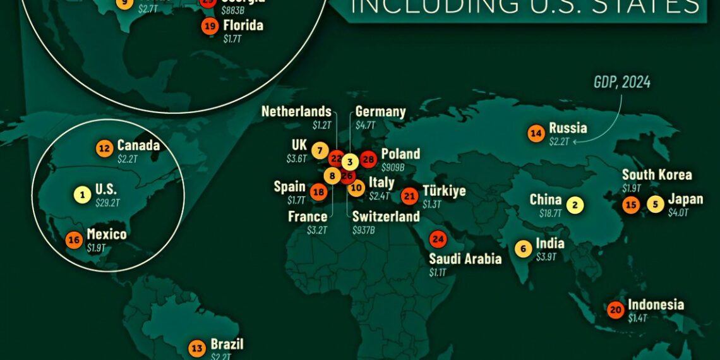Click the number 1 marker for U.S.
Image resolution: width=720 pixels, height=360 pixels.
pyautogui.click(x=81, y=194)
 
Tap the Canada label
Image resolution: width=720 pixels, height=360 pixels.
pyautogui.click(x=138, y=146)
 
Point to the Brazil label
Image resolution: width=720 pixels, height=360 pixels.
pyautogui.click(x=227, y=345)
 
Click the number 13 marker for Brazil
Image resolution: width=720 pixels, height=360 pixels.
pyautogui.click(x=198, y=348)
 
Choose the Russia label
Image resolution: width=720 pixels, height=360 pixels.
pyautogui.click(x=568, y=128)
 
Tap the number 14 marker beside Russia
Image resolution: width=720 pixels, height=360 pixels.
pyautogui.click(x=536, y=133)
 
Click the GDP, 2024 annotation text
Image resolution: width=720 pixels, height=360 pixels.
pyautogui.click(x=622, y=83)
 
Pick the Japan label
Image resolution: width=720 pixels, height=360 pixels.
pyautogui.click(x=685, y=200)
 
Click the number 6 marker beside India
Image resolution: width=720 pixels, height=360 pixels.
pyautogui.click(x=523, y=248)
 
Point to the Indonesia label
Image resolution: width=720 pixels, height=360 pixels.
pyautogui.click(x=656, y=304)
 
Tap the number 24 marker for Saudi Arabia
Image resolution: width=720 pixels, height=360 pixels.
pyautogui.click(x=438, y=239)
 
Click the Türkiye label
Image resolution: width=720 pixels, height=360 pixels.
pyautogui.click(x=444, y=191)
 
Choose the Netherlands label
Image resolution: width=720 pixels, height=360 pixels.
pyautogui.click(x=296, y=112)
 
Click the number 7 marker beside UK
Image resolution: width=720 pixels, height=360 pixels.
pyautogui.click(x=320, y=151)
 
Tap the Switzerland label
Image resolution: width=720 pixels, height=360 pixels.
pyautogui.click(x=386, y=217)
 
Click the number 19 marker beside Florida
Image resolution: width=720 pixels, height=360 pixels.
pyautogui.click(x=210, y=27)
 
